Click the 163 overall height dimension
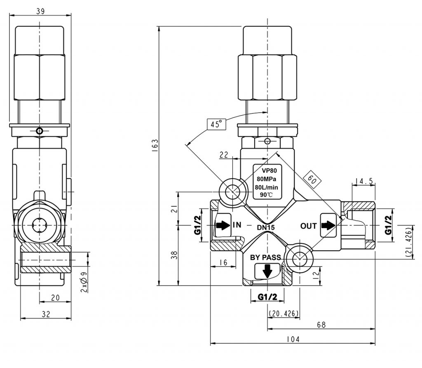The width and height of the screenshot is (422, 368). coord(155,146)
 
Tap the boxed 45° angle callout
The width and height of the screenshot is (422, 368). coord(216,124)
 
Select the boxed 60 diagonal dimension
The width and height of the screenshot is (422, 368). coord(312,179)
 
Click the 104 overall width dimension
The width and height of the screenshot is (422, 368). coord(293,339)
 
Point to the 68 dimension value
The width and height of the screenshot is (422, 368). coord(321,325)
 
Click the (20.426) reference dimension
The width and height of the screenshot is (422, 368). coord(284,314)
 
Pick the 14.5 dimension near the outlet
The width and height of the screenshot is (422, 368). coord(364,181)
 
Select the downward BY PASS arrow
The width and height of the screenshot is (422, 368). coord(267,271)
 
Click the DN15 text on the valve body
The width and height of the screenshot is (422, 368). coord(266,228)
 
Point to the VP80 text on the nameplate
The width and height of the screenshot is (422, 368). coord(270,170)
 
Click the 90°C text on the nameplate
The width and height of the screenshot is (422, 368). coord(266,194)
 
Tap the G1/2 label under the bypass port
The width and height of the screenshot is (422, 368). coord(267,297)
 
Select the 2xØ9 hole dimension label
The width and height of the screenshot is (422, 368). coord(84,282)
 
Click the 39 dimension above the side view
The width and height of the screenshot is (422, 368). coord(40,11)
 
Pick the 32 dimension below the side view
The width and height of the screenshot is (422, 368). coord(46,314)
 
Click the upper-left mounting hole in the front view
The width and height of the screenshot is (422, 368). coord(232,192)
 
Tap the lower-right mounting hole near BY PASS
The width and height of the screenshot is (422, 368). coord(300,258)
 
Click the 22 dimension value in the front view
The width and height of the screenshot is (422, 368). coord(224,155)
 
